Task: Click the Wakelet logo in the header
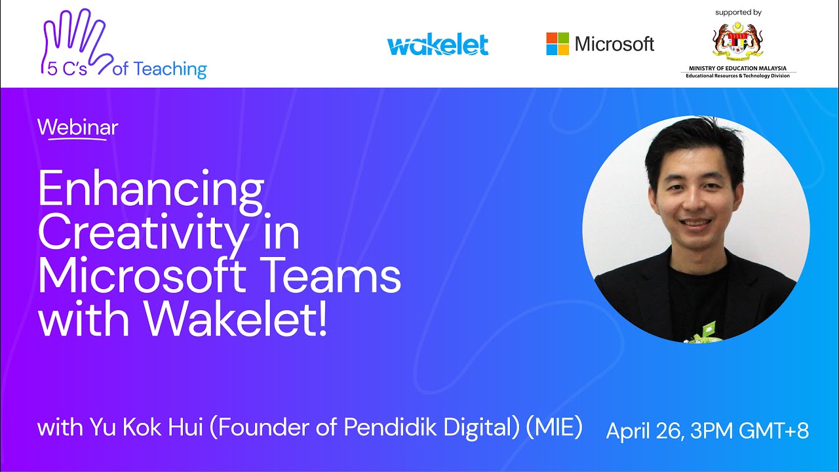(x=438, y=45)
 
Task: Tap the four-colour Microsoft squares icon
(x=558, y=44)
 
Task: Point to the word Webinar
(x=78, y=127)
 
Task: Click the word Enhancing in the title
(x=151, y=189)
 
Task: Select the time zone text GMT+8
(x=773, y=431)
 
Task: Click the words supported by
(x=738, y=12)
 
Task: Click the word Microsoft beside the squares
(x=614, y=44)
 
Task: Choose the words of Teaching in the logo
(x=159, y=69)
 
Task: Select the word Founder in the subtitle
(x=260, y=428)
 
